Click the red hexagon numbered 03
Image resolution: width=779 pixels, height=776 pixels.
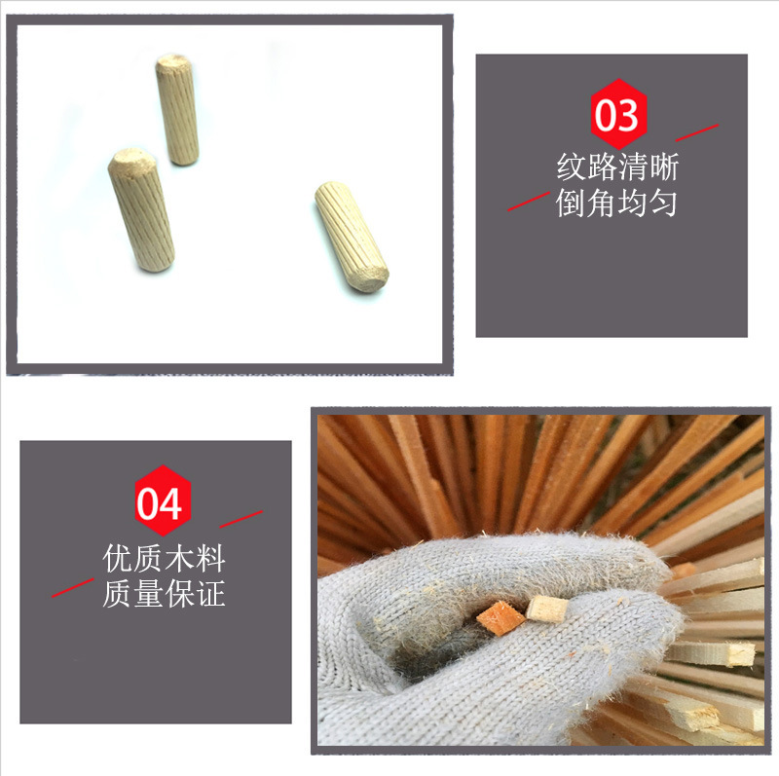tap(618, 114)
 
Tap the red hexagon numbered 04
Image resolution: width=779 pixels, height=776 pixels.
tap(163, 500)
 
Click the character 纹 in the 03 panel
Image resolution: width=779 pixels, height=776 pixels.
tap(572, 166)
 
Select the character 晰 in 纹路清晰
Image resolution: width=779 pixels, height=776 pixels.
tap(663, 166)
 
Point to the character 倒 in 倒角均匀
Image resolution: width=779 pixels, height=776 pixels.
tap(572, 203)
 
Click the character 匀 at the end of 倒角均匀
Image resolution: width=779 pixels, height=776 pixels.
tap(663, 203)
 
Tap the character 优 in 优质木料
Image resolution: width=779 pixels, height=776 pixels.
tap(118, 558)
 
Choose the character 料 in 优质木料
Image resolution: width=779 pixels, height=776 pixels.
tap(210, 558)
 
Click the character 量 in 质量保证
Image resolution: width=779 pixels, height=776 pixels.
tap(149, 594)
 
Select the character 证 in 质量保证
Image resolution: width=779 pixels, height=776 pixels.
tap(210, 594)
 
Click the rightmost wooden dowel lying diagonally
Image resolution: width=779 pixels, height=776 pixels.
tap(352, 236)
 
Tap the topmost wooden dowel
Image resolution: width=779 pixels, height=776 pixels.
tap(177, 109)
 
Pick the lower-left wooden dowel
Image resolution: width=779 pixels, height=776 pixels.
tap(141, 209)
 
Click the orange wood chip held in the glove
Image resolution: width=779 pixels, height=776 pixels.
tap(501, 618)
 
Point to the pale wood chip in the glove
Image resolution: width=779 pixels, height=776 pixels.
tap(547, 610)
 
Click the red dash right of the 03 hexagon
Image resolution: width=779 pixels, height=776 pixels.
tap(696, 132)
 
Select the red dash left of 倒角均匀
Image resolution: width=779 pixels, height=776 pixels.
tap(528, 202)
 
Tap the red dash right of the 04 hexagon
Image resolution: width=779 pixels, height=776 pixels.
tap(241, 519)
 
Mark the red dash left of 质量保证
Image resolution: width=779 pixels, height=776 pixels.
tap(72, 588)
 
